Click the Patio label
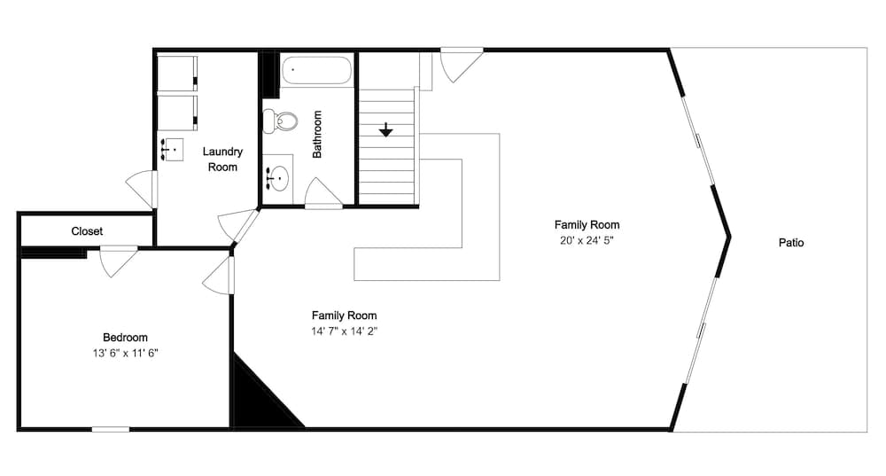[x=791, y=242]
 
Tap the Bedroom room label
[x=125, y=337]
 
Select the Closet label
[x=87, y=231]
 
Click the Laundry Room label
[x=222, y=160]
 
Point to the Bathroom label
[x=317, y=134]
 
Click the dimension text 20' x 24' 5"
[x=587, y=240]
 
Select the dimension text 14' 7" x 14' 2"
[x=344, y=332]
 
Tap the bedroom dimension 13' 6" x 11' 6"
[x=125, y=353]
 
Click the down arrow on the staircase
[x=386, y=131]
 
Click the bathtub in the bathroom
[x=316, y=70]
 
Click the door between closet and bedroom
[x=118, y=259]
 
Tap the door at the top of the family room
[x=461, y=62]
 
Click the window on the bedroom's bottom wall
[x=111, y=430]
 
